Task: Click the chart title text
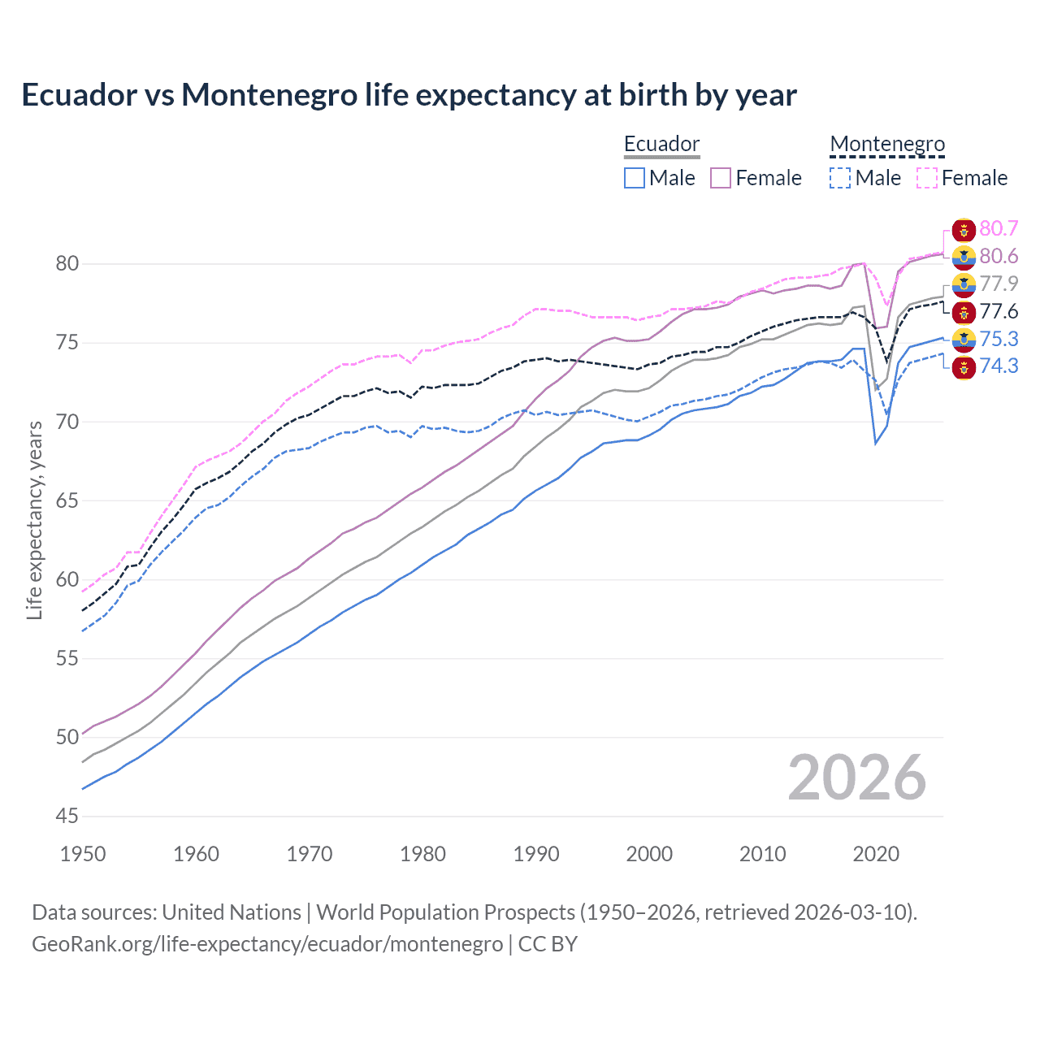(x=409, y=95)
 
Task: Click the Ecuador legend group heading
(x=661, y=145)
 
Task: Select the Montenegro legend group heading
(x=887, y=145)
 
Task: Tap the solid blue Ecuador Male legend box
(x=635, y=178)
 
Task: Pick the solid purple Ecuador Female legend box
(x=721, y=178)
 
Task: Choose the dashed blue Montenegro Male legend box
(x=840, y=178)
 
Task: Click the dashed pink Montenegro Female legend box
(x=927, y=178)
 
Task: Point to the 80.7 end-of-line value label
(x=999, y=229)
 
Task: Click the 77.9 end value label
(x=999, y=284)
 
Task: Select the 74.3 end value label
(x=999, y=366)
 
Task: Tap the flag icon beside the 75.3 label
(x=964, y=339)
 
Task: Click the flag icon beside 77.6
(x=964, y=312)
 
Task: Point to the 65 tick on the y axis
(x=67, y=500)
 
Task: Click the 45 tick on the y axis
(x=67, y=816)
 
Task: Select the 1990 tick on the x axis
(x=536, y=854)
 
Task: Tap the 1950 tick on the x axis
(x=83, y=854)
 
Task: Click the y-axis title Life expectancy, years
(x=35, y=520)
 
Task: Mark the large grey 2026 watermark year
(x=856, y=778)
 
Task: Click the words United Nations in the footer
(x=232, y=912)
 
